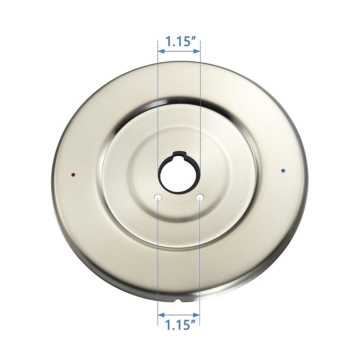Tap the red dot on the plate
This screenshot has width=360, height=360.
(x=73, y=174)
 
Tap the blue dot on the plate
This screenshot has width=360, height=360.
(x=283, y=171)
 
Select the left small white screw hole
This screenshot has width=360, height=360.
(x=158, y=197)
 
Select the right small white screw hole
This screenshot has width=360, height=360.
(x=200, y=197)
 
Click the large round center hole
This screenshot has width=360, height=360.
(x=179, y=175)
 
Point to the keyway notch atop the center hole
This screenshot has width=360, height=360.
(x=179, y=154)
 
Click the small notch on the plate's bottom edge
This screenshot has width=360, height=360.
(x=178, y=300)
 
